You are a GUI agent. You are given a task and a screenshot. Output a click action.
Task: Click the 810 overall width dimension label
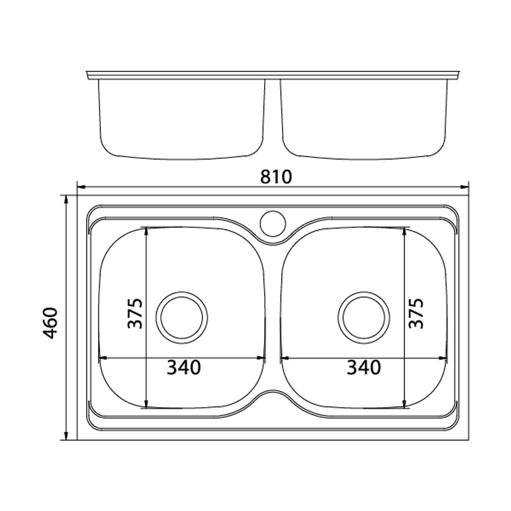pos(276,177)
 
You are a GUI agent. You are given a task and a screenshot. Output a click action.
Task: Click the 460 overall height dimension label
pos(51,322)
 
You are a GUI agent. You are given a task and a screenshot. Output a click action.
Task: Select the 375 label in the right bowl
pos(416,313)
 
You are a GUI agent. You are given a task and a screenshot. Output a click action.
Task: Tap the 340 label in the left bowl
pos(184,367)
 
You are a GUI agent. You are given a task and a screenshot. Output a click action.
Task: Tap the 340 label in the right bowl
pos(364,367)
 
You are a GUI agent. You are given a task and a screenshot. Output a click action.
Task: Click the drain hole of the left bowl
pos(182,317)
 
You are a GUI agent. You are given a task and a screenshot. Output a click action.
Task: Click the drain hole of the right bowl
pos(364,317)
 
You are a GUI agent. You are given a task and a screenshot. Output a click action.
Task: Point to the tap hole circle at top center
pos(273,224)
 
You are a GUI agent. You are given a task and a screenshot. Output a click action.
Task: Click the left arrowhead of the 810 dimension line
pos(81,187)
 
